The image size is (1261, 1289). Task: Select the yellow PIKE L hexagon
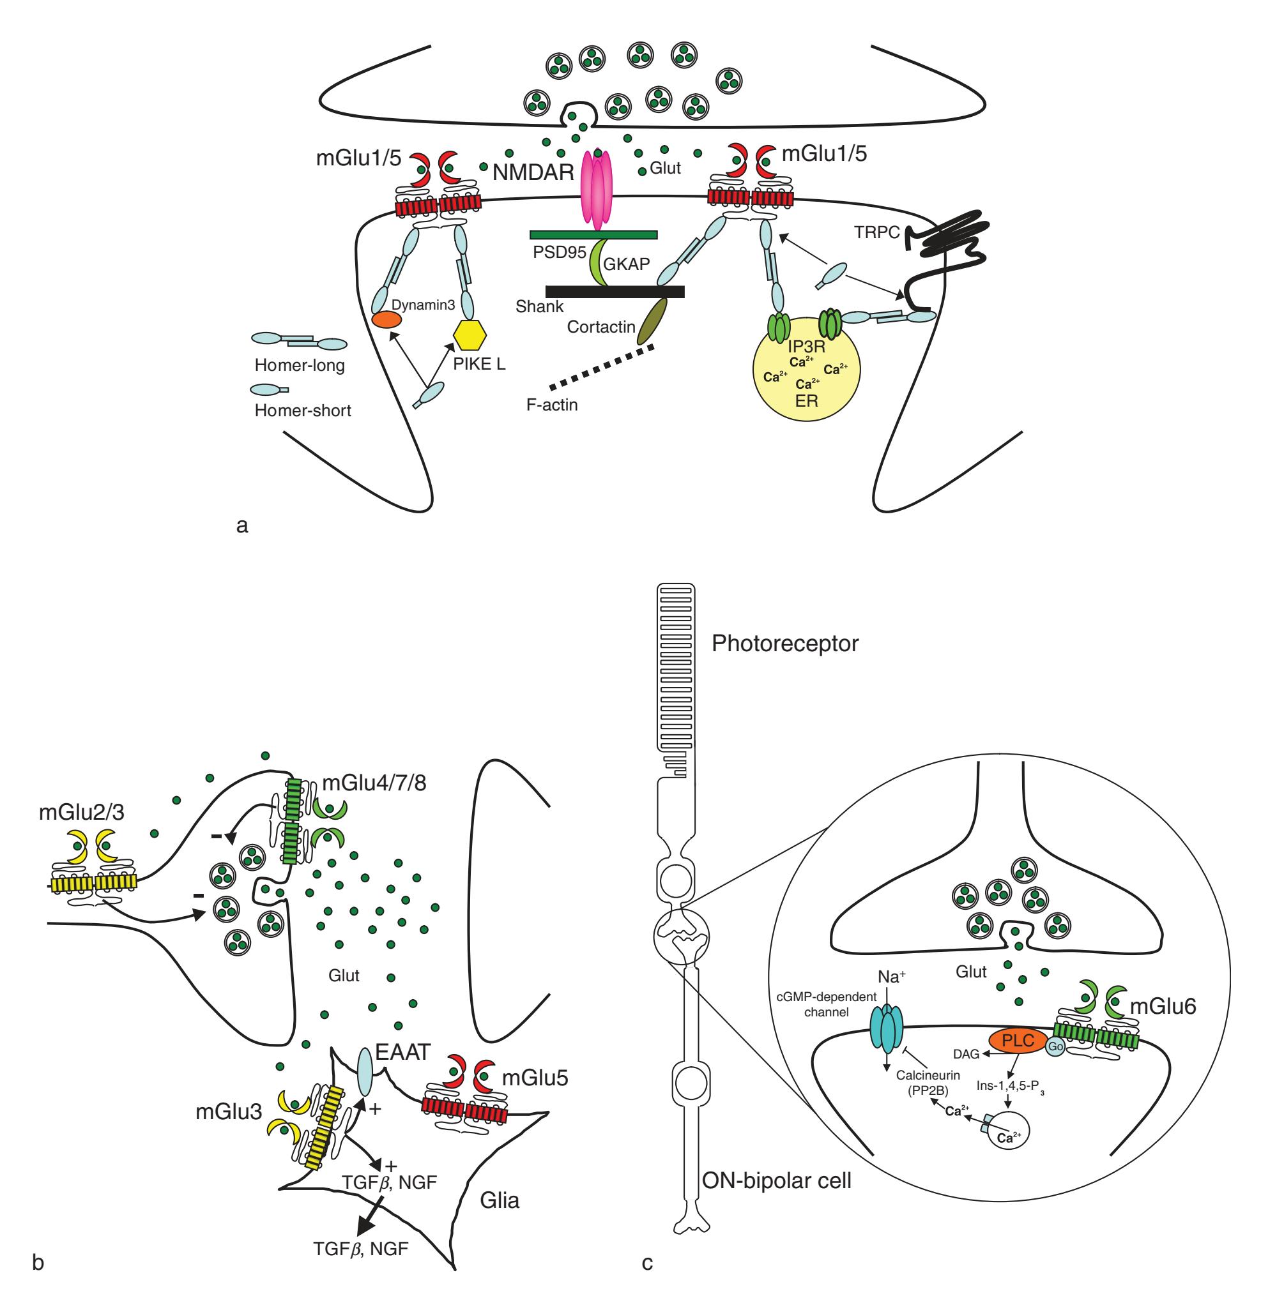[x=470, y=336]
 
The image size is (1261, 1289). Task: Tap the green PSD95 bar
[x=593, y=234]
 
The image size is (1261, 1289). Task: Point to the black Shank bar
[x=615, y=291]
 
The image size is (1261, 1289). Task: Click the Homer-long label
[x=300, y=365]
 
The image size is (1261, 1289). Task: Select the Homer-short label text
[x=303, y=411]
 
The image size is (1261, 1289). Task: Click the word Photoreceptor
[x=785, y=644]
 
